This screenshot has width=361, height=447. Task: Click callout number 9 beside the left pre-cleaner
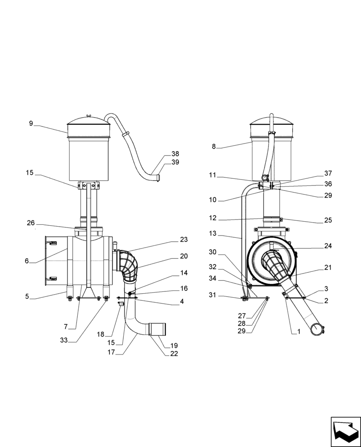point(31,123)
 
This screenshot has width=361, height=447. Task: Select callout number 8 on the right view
point(214,146)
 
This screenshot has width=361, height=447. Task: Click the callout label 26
point(31,223)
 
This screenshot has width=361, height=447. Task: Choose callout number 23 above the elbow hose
point(184,240)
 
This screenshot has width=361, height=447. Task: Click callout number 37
point(328,173)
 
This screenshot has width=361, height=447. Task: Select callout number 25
point(328,220)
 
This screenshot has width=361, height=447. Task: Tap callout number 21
point(328,268)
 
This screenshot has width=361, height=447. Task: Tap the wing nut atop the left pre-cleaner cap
point(88,116)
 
